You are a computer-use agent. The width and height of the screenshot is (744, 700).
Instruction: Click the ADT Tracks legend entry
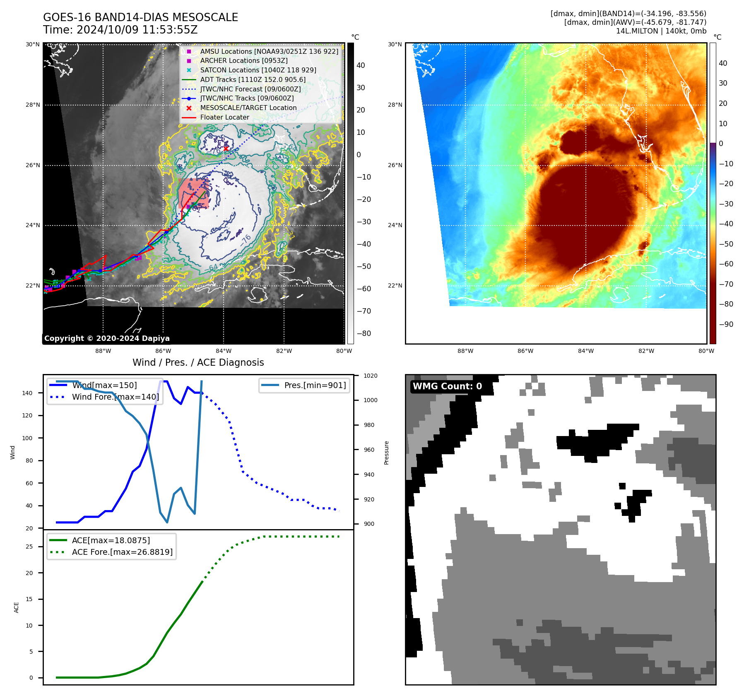(x=253, y=79)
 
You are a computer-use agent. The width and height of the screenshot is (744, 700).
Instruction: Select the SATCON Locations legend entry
(x=258, y=70)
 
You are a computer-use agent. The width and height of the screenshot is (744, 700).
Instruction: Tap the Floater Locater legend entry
(x=224, y=117)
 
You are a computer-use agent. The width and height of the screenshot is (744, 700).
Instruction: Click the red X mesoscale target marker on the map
(x=226, y=149)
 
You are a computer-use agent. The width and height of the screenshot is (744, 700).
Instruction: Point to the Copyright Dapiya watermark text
(x=107, y=338)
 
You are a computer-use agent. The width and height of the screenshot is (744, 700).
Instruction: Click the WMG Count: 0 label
(x=447, y=386)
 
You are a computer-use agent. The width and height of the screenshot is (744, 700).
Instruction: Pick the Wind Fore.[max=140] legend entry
(x=115, y=397)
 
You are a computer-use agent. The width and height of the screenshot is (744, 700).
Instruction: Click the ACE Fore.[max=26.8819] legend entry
(x=122, y=552)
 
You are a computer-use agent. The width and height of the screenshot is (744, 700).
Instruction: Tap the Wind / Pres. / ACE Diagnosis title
(x=198, y=362)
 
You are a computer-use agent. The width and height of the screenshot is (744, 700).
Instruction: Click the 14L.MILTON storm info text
(x=661, y=31)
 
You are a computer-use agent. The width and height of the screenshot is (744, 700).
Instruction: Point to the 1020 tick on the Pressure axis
(x=370, y=376)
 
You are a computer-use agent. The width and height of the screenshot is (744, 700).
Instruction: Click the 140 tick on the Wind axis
(x=27, y=393)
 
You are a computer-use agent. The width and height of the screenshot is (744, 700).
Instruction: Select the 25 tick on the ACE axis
(x=29, y=547)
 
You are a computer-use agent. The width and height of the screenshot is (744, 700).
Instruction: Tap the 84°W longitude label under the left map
(x=224, y=351)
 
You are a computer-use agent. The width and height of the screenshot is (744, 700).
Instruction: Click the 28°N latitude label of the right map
(x=395, y=105)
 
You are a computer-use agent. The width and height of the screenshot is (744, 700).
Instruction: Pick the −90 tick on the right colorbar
(x=726, y=324)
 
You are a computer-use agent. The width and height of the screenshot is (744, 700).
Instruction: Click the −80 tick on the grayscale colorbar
(x=364, y=333)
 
